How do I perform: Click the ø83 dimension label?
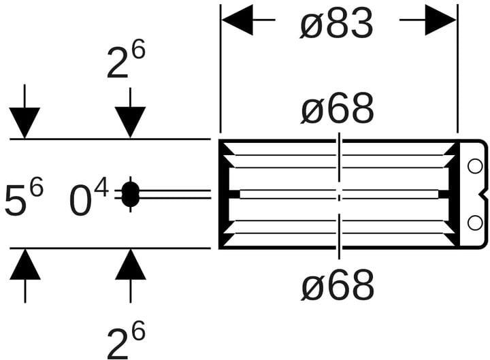(x=336, y=23)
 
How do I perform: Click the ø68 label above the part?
(x=337, y=108)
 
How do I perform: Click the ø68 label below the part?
(x=338, y=285)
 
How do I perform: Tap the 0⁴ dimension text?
(x=88, y=199)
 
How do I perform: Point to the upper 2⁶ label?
(x=127, y=59)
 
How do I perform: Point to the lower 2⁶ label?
(x=127, y=340)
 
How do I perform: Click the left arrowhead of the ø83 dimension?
(x=238, y=20)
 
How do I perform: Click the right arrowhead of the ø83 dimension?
(x=440, y=20)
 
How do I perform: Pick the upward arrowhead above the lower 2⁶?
(x=130, y=264)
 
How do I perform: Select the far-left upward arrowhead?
(x=25, y=264)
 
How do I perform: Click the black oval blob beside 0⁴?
(x=130, y=195)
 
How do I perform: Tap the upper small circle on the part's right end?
(x=475, y=167)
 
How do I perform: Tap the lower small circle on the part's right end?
(x=475, y=223)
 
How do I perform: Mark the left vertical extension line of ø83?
(x=220, y=69)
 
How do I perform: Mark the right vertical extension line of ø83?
(x=457, y=69)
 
